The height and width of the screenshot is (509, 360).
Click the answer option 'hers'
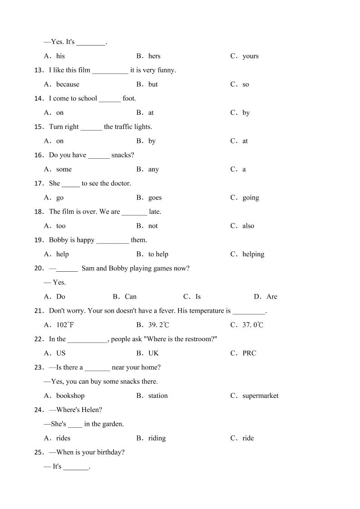coord(154,56)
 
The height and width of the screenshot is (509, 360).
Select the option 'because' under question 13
coord(68,84)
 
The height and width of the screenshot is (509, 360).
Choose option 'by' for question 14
coord(246,113)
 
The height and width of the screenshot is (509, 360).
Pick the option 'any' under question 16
coord(153,170)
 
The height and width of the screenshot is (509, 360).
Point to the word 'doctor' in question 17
coord(121,183)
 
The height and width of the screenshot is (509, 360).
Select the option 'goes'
coord(155,198)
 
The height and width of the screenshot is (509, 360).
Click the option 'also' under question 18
coord(248,226)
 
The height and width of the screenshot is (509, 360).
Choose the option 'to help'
coord(158,254)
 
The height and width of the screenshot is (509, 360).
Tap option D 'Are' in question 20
coord(271,297)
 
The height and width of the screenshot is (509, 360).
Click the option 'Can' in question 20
coord(130,297)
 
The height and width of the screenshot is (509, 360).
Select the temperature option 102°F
coord(64,325)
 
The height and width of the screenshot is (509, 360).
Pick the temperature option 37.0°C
coord(253,325)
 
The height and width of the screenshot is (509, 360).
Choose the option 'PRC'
coord(249,353)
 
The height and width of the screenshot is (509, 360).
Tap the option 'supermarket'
coord(260,396)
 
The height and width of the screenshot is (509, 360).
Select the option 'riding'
coord(157,438)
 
